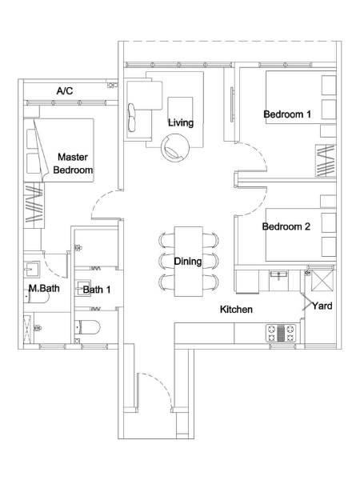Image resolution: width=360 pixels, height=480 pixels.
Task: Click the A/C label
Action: (x=65, y=91)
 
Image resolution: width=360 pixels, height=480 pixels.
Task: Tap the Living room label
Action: (x=181, y=122)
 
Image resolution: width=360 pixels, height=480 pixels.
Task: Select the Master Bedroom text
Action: (x=73, y=163)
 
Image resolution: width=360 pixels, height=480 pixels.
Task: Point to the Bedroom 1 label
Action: (x=287, y=114)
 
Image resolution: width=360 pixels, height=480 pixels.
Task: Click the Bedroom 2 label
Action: (x=286, y=226)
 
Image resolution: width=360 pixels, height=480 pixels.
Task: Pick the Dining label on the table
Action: (x=188, y=262)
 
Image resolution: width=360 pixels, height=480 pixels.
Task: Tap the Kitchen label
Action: (x=236, y=310)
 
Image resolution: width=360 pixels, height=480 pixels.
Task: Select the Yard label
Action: (x=322, y=306)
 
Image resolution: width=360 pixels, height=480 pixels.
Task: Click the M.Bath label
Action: (x=44, y=288)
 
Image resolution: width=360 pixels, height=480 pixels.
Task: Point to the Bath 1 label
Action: (x=97, y=290)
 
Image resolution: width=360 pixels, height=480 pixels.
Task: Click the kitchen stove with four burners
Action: (x=281, y=333)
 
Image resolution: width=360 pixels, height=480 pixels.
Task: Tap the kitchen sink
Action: (x=278, y=275)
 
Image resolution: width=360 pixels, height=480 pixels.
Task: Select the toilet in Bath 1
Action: (x=87, y=327)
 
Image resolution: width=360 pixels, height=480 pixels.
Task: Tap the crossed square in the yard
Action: (x=322, y=281)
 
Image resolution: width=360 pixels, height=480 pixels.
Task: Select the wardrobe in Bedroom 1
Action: (x=326, y=161)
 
